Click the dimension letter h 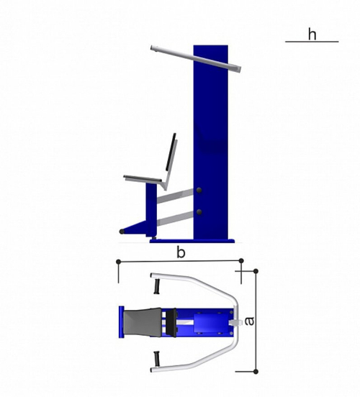coord(312,35)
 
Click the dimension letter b coord(181,252)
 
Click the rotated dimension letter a coord(249,321)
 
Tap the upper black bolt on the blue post coord(199,191)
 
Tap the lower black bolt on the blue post coord(199,212)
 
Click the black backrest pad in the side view coord(171,152)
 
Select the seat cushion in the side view coord(143,178)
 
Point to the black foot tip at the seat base coord(122,232)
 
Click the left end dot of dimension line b coord(118,262)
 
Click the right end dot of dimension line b coord(241,260)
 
